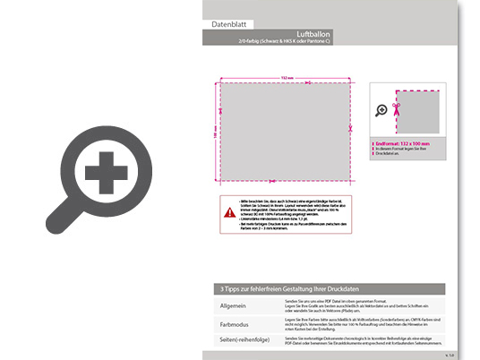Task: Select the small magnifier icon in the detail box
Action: [382, 110]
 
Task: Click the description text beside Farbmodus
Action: [358, 324]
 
